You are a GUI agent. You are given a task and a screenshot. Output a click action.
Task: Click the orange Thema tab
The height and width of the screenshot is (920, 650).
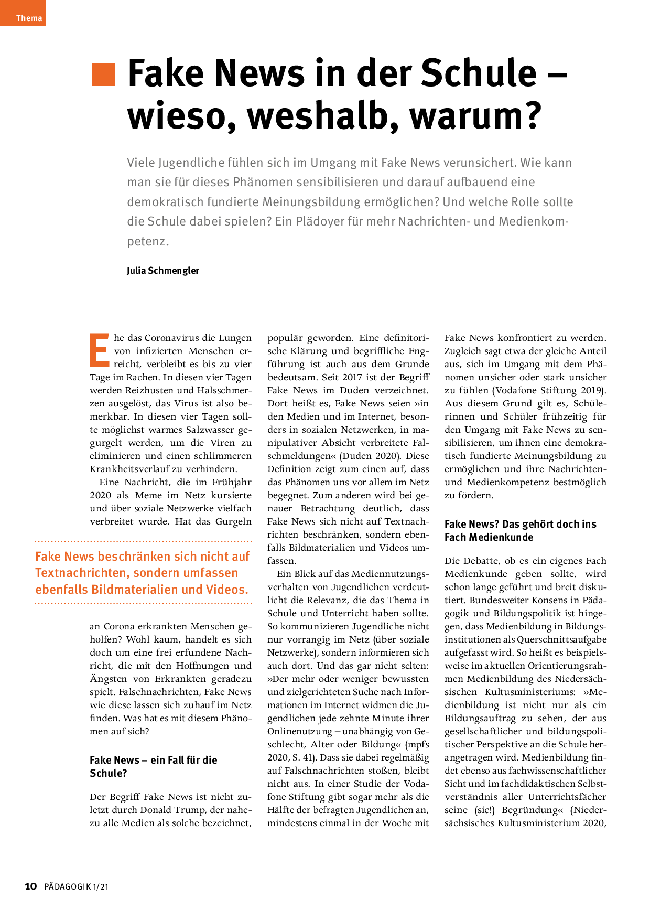point(23,13)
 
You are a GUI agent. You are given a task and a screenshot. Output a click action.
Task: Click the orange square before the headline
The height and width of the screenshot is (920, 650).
point(103,74)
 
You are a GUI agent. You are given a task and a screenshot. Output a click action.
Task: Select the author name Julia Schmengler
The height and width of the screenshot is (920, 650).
point(162,271)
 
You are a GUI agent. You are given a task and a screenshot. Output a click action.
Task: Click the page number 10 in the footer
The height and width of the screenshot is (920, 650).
point(31,886)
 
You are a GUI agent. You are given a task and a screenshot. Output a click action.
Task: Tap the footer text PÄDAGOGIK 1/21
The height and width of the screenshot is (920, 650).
point(76,886)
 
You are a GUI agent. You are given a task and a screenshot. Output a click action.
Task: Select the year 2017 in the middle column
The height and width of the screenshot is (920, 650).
point(352,377)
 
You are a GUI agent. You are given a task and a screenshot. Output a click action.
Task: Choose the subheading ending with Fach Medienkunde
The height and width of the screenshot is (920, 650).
point(520,530)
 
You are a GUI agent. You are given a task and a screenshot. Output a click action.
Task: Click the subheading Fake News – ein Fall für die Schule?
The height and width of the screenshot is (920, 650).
point(153,766)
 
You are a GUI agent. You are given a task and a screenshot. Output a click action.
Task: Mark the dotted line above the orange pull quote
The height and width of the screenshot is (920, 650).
point(143,541)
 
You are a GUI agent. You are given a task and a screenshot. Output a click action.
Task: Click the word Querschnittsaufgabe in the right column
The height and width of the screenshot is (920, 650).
point(562,639)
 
